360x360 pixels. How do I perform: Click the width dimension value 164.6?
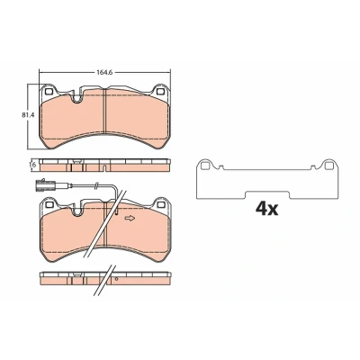104,73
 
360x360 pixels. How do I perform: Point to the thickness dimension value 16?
33,165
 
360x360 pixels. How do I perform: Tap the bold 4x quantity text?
266,209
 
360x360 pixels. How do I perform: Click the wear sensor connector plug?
43,184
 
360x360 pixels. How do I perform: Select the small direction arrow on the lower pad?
130,218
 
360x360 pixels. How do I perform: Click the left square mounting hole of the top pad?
49,91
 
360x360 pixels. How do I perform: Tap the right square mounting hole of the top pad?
160,91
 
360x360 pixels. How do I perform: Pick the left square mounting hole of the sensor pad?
49,204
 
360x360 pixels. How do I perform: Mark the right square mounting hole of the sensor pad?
161,204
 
